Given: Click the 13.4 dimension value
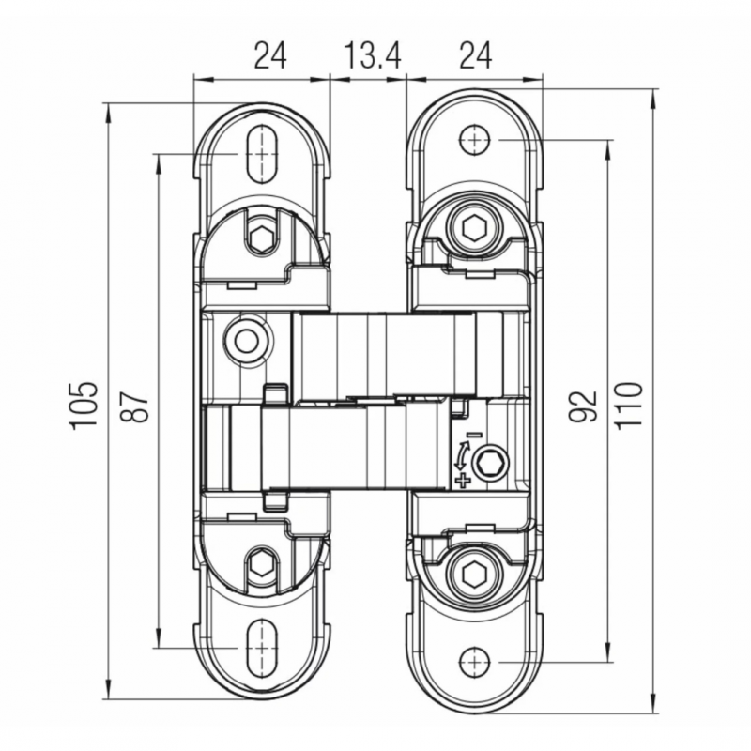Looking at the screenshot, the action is [373, 55].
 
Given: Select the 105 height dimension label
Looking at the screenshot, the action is [84, 406].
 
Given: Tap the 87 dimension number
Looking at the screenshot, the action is [134, 406].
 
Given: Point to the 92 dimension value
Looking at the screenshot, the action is [583, 406].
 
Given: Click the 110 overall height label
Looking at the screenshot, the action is [629, 406].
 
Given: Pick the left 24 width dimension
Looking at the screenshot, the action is [270, 55].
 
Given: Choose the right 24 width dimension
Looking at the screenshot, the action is [476, 55].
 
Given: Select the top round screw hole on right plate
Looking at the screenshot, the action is [475, 140].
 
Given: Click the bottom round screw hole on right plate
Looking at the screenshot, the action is [475, 662].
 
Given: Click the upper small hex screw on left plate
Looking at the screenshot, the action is [262, 235].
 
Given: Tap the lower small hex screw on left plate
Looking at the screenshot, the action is [262, 566].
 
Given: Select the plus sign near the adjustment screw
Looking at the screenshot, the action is [462, 481].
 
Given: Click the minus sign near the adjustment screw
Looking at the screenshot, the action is [474, 435].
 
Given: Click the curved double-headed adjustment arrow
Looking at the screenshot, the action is [461, 455].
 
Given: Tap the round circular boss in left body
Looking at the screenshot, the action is [246, 341].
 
